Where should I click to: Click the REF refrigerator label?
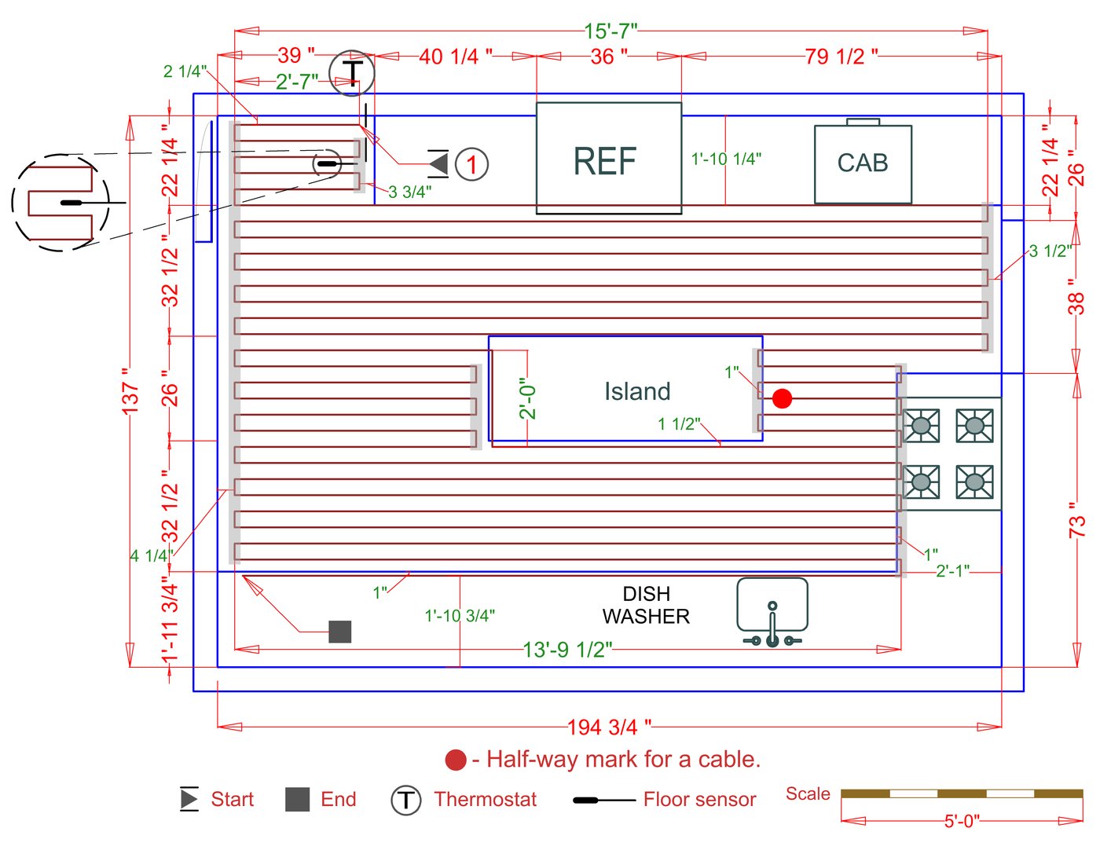pos(604,162)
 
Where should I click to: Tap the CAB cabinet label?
pos(862,163)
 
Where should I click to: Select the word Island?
pos(637,391)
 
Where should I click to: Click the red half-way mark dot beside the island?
pos(782,399)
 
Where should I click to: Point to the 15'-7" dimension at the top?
pos(610,31)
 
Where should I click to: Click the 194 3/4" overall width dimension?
pos(609,727)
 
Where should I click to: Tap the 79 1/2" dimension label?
pos(841,57)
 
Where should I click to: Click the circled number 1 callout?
pos(471,165)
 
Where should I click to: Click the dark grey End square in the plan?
pos(339,632)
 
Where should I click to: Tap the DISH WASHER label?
pos(646,605)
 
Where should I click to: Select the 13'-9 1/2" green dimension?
pos(567,650)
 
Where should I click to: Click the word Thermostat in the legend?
pos(485,800)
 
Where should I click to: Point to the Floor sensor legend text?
pos(699,800)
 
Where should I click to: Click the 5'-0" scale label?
pos(962,821)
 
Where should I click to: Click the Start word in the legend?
pos(232,800)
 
